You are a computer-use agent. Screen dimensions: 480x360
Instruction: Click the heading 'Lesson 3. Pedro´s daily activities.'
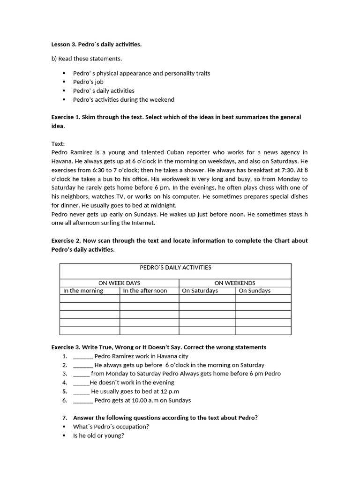point(96,45)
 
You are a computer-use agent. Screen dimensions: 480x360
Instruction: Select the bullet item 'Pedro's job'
point(88,82)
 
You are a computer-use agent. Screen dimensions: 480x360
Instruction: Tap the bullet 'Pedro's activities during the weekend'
point(123,99)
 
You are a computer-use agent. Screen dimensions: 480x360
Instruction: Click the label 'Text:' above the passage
point(58,144)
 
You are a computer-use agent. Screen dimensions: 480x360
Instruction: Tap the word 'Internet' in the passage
point(144,223)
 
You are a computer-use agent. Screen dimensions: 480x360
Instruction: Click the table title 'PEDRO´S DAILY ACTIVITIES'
point(175,268)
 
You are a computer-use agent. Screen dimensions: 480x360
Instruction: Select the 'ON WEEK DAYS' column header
point(119,283)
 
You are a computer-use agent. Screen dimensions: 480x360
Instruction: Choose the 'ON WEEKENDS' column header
point(235,283)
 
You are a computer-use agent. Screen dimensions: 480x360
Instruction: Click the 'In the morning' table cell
point(83,291)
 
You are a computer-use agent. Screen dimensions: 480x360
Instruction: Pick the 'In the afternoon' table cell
point(145,291)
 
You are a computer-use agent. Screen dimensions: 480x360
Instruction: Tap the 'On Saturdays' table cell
point(200,291)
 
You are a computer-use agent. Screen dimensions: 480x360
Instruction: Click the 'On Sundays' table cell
point(255,291)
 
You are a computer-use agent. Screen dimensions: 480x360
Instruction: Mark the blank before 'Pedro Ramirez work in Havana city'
point(83,357)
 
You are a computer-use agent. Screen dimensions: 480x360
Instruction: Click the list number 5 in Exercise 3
point(65,391)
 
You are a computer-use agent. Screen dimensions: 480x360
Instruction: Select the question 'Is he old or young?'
point(98,435)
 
